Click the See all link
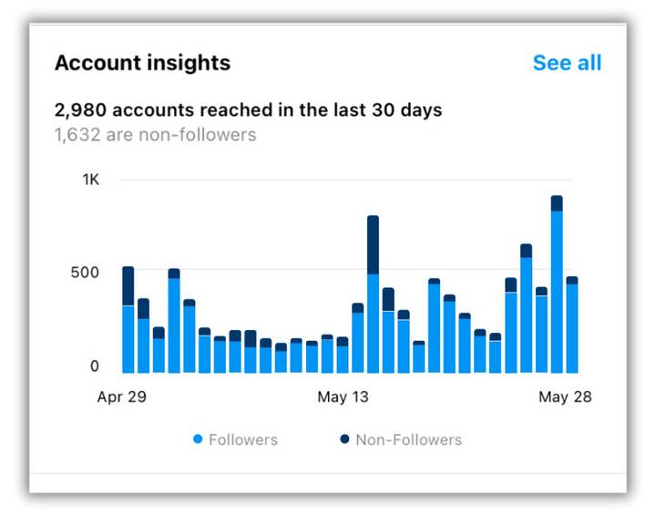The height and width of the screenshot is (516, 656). click(x=567, y=63)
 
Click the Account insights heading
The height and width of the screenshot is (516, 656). click(x=142, y=63)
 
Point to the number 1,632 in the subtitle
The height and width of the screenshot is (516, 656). click(x=77, y=135)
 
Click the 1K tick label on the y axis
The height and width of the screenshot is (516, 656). click(x=90, y=180)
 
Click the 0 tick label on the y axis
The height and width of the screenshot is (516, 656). click(x=94, y=366)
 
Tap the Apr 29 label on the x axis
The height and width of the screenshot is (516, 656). click(x=122, y=397)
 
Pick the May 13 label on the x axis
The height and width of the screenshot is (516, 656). click(x=343, y=397)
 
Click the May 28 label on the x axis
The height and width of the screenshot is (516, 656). click(x=566, y=397)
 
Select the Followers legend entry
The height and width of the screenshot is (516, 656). click(x=242, y=439)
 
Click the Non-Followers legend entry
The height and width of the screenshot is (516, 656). click(x=408, y=439)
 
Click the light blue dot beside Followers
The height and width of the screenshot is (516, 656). click(x=198, y=439)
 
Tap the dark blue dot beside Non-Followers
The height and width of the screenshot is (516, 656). click(x=344, y=439)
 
